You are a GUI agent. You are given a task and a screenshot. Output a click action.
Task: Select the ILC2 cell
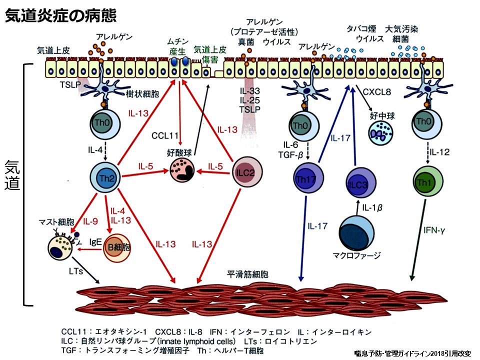[244, 172]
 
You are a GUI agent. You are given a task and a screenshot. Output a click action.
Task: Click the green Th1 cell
[426, 180]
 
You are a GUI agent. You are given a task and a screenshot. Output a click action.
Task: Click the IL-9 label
[90, 221]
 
